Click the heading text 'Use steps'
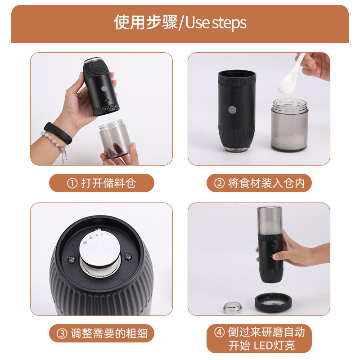click(x=216, y=23)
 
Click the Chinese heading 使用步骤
click(x=145, y=22)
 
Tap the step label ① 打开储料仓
click(x=102, y=183)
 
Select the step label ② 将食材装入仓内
click(x=259, y=183)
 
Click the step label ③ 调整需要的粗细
click(x=102, y=333)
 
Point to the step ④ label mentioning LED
click(x=259, y=338)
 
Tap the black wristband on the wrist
click(x=58, y=133)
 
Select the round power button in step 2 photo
click(x=232, y=109)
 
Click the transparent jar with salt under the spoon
click(x=289, y=125)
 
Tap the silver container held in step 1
click(x=115, y=139)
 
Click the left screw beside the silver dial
click(x=72, y=260)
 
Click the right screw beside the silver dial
click(x=128, y=256)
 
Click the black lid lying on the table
click(x=273, y=302)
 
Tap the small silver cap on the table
click(x=233, y=307)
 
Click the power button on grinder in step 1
click(x=104, y=89)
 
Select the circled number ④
click(x=219, y=333)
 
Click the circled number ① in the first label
click(x=72, y=184)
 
